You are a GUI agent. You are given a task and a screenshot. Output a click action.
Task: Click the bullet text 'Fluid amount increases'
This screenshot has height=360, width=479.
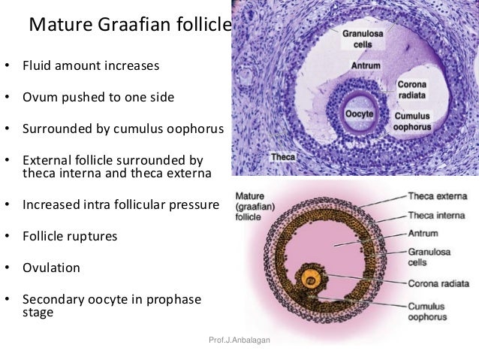[x=91, y=65]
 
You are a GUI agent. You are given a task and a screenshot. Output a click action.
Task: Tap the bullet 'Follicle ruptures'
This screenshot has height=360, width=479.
[x=72, y=236]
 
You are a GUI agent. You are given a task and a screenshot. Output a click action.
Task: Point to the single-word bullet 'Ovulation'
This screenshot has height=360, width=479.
[x=51, y=267]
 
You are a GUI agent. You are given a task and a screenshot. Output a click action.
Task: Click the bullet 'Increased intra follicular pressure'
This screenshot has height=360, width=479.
[x=120, y=204]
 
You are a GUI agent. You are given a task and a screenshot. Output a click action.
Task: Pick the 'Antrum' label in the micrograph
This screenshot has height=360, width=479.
[x=366, y=66]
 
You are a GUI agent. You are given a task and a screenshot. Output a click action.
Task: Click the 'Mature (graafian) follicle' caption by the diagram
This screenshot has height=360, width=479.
[x=256, y=204]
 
